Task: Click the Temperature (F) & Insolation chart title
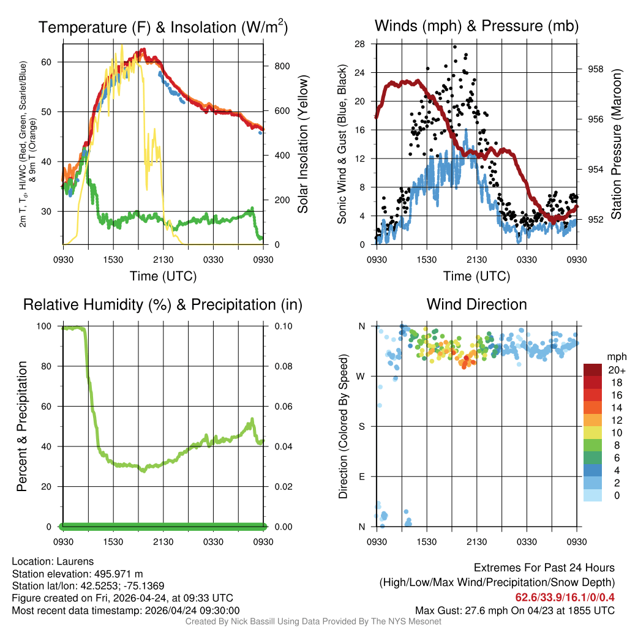pyautogui.click(x=163, y=27)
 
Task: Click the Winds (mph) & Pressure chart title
pyautogui.click(x=476, y=26)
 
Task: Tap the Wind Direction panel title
pyautogui.click(x=476, y=304)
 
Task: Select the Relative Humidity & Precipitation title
pyautogui.click(x=163, y=304)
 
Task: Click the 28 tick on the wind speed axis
pyautogui.click(x=360, y=44)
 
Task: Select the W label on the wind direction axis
pyautogui.click(x=361, y=377)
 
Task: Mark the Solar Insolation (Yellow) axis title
pyautogui.click(x=302, y=144)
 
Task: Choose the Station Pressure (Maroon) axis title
pyautogui.click(x=616, y=145)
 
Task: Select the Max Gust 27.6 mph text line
pyautogui.click(x=515, y=610)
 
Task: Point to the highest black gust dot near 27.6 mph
pyautogui.click(x=455, y=47)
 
